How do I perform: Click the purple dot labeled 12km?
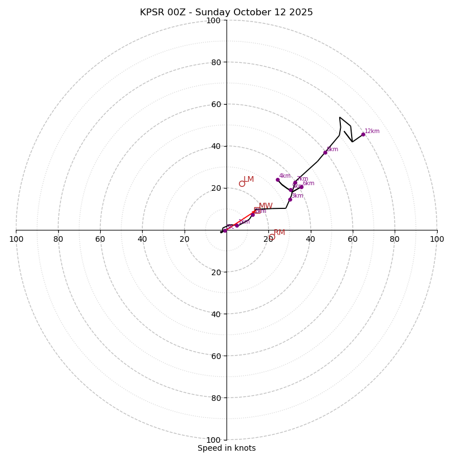click(x=363, y=134)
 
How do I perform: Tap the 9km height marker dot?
click(x=325, y=152)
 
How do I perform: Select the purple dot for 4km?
click(x=277, y=180)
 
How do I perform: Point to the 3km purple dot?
click(x=290, y=199)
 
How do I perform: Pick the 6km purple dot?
click(x=301, y=187)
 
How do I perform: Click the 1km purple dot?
click(x=237, y=225)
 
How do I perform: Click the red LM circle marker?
click(x=242, y=183)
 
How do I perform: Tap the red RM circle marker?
click(x=272, y=237)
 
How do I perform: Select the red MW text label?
click(x=266, y=206)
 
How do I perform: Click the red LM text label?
click(x=249, y=180)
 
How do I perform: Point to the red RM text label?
click(x=279, y=233)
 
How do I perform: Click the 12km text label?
click(x=372, y=131)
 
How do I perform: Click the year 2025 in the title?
click(x=300, y=12)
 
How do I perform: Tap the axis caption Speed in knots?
click(x=226, y=448)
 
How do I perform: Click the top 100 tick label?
click(x=213, y=21)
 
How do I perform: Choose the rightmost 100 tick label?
click(x=437, y=239)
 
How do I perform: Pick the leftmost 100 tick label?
click(x=16, y=239)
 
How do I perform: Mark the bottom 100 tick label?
click(x=213, y=440)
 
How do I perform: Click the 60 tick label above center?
click(x=216, y=105)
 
